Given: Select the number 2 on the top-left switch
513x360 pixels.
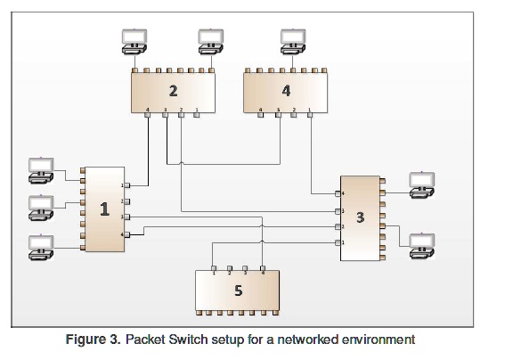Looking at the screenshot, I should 174,90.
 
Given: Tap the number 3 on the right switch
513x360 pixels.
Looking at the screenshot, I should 359,217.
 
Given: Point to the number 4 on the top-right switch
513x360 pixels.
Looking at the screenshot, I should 286,90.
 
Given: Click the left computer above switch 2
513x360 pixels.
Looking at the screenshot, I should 135,41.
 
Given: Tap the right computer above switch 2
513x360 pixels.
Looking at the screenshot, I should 210,41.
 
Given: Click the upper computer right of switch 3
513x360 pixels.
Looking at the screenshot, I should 420,182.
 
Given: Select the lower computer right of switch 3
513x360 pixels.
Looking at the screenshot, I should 420,242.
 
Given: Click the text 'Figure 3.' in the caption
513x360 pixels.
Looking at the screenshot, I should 94,340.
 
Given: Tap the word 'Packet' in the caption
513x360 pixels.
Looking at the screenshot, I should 145,340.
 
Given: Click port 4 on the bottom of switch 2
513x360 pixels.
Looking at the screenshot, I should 148,115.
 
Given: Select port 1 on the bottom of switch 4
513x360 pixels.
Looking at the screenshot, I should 310,115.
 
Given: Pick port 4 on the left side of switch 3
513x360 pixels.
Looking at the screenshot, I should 338,193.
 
